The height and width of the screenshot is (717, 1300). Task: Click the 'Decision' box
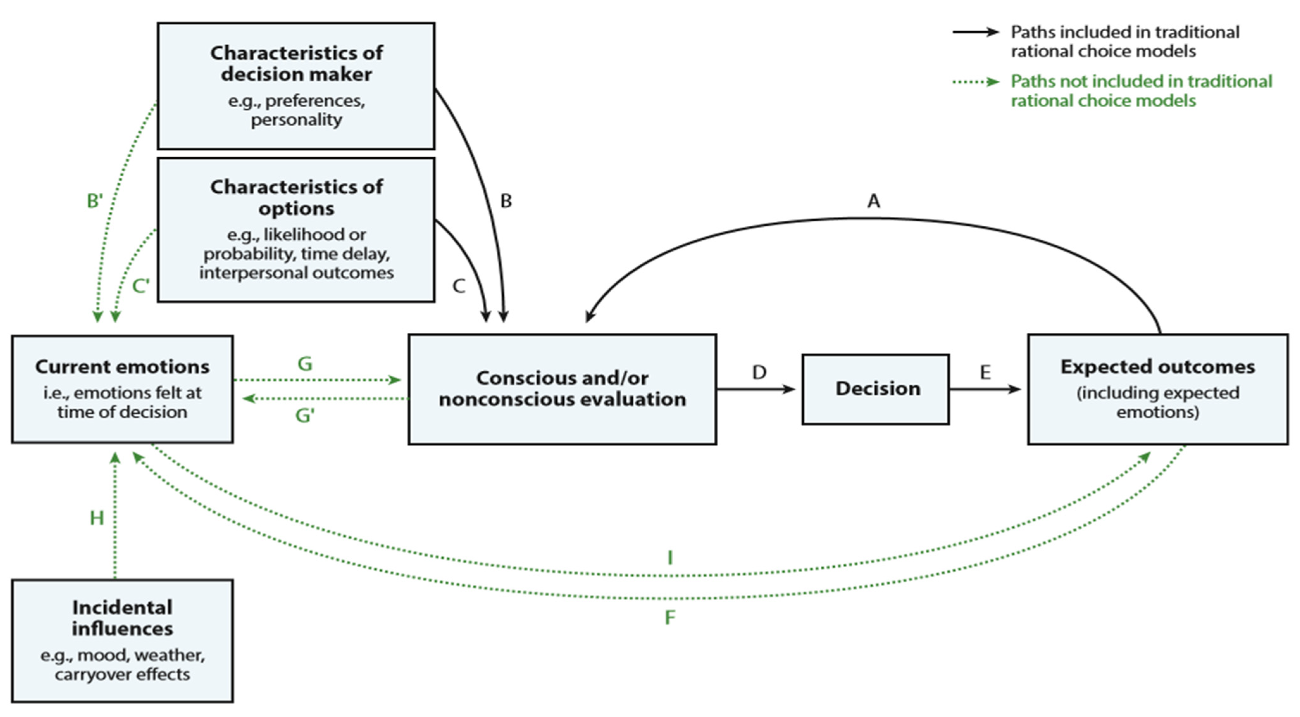pos(876,389)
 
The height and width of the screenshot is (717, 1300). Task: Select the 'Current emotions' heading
pos(122,367)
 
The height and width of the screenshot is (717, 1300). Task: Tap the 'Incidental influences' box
pos(122,640)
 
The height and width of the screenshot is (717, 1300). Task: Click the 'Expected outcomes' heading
pos(1157,367)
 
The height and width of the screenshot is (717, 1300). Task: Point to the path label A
pos(874,201)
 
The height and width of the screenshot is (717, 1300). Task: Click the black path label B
pos(506,201)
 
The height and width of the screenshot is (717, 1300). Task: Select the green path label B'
pos(94,201)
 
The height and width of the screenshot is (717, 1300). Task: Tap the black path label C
pos(458,286)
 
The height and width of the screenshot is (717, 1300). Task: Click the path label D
pos(759,373)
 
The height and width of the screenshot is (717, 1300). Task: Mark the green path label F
pos(670,617)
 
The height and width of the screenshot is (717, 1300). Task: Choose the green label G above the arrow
pos(305,363)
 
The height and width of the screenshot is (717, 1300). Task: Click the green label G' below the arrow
pos(305,416)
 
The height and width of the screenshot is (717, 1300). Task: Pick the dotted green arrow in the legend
pos(975,82)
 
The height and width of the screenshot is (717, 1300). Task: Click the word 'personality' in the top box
pos(296,120)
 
